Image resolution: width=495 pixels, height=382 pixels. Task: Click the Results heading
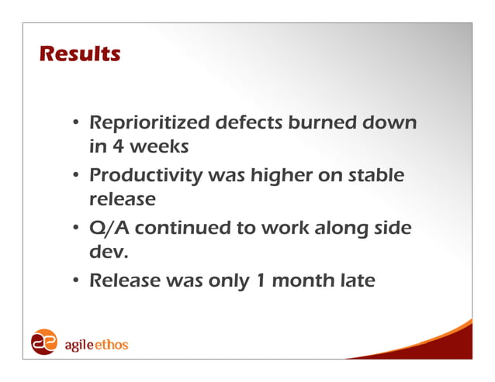79,55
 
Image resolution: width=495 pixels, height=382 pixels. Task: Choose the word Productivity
146,177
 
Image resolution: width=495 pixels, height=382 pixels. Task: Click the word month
296,280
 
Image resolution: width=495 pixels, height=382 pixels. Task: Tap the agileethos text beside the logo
95,344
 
